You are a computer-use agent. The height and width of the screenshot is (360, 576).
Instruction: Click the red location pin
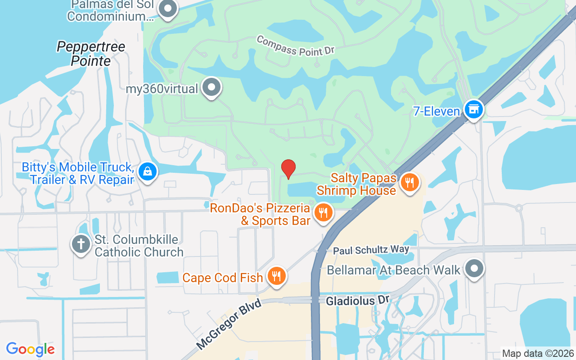288,169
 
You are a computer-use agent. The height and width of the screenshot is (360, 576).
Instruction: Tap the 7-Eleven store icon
474,109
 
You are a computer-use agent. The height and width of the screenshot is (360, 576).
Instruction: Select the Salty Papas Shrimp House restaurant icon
409,183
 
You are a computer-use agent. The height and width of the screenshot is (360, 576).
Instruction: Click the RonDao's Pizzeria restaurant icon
323,212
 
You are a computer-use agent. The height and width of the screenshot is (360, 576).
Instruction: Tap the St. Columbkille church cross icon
81,244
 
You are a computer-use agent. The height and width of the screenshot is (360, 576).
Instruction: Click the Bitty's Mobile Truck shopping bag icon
147,171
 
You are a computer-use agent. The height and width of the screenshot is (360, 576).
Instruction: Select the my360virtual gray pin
211,87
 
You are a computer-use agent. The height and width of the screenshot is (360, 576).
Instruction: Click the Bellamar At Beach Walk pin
474,269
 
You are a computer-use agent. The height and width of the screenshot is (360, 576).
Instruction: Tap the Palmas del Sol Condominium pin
168,9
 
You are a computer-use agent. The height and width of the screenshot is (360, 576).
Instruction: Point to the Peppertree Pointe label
91,54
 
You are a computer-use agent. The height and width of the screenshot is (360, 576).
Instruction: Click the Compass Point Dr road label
296,45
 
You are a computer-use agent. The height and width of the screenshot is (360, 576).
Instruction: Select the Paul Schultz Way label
371,250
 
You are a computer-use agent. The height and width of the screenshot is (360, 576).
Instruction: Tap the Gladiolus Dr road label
357,300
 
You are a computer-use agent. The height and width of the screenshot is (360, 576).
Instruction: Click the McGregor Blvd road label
229,325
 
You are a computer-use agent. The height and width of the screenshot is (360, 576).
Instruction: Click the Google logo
31,349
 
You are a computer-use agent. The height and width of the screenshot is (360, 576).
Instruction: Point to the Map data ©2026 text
538,353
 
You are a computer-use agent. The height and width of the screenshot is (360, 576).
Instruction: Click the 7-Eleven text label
436,111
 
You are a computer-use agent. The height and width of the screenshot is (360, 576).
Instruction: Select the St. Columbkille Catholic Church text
139,246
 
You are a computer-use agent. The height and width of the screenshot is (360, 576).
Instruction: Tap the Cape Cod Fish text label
222,278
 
